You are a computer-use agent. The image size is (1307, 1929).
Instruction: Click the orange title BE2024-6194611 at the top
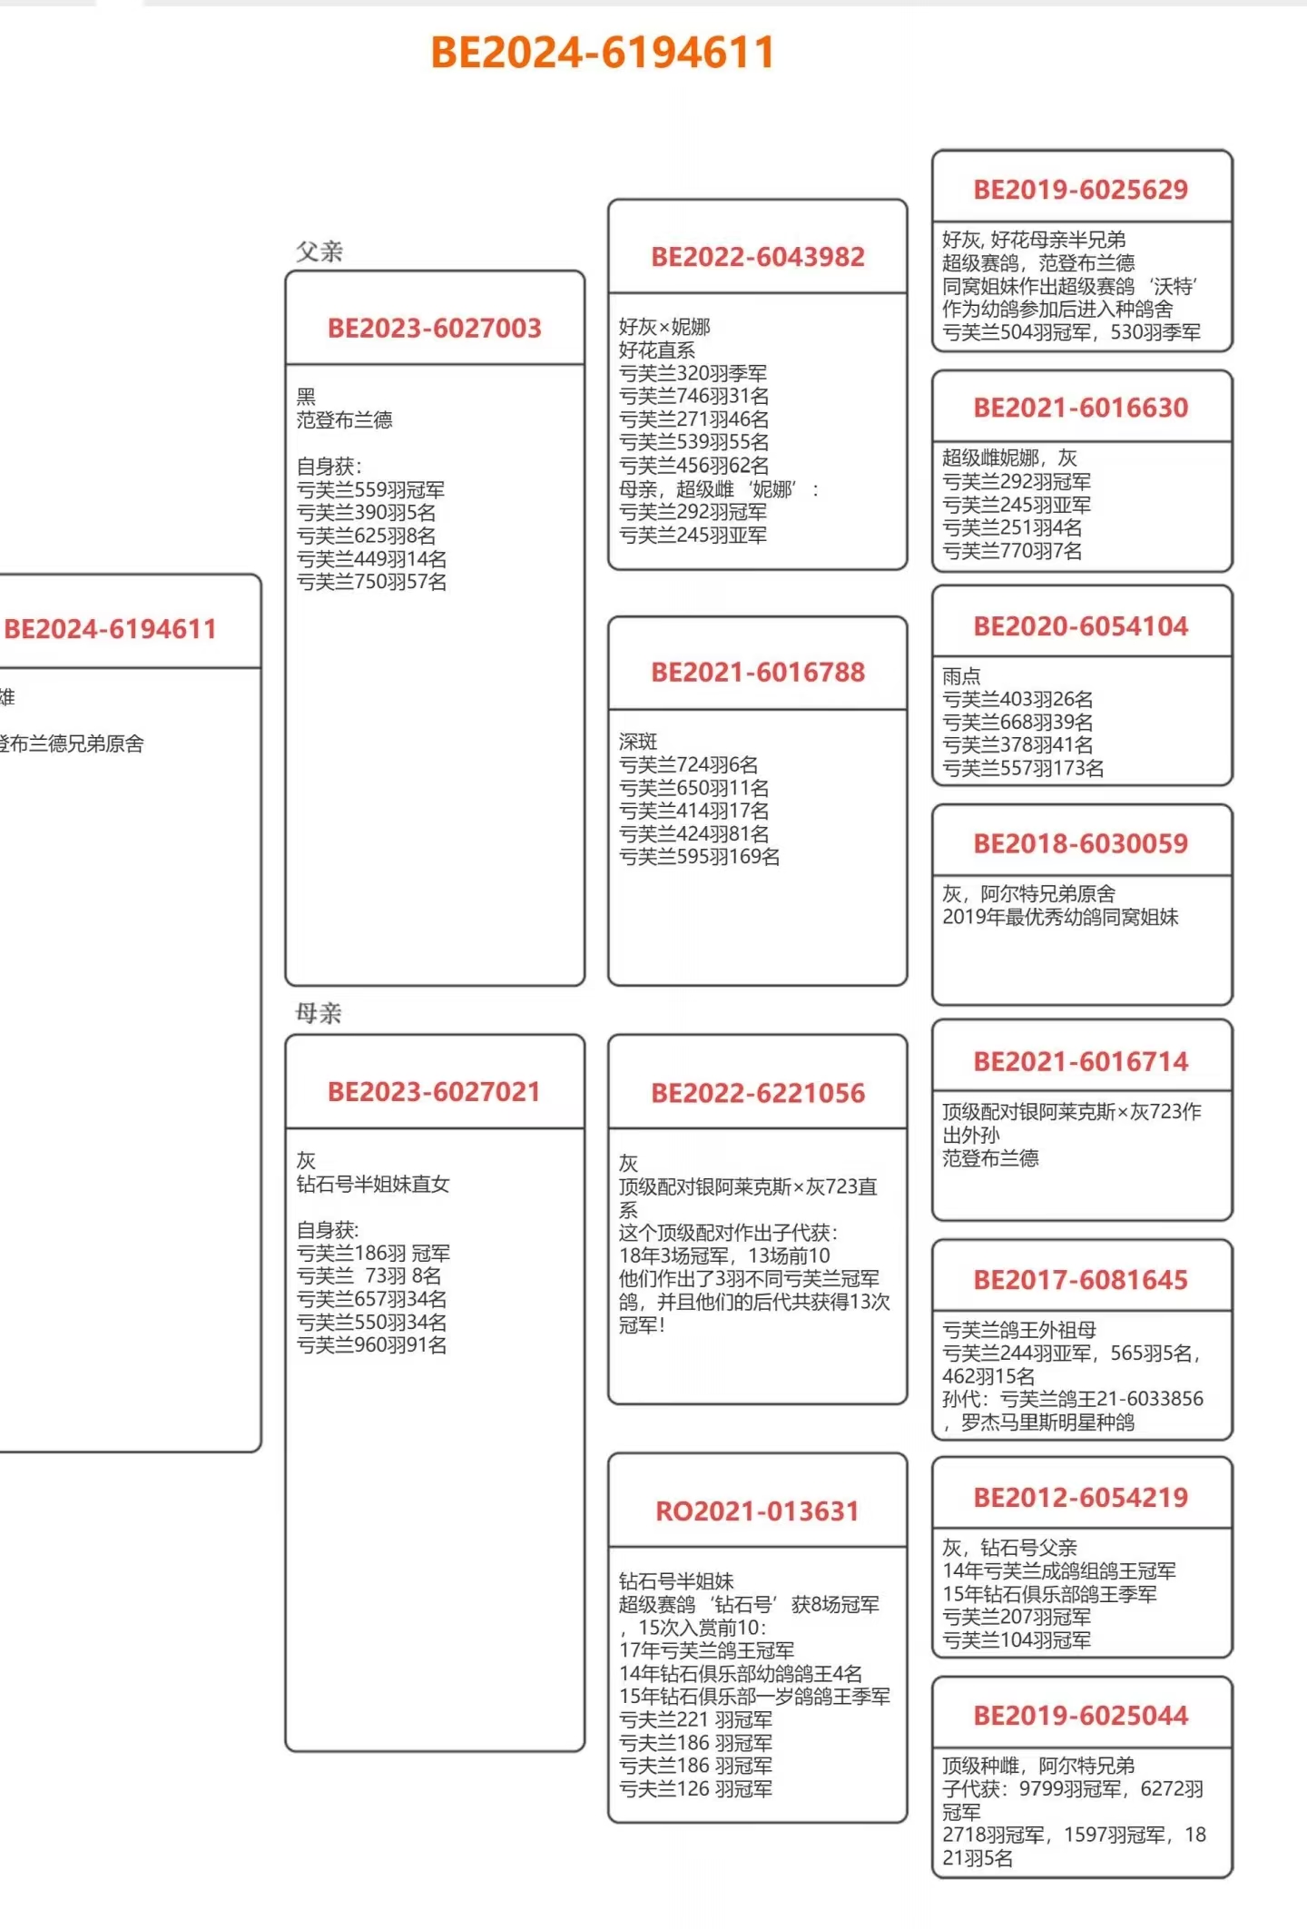[602, 52]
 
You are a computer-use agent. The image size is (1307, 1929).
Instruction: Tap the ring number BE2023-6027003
[434, 328]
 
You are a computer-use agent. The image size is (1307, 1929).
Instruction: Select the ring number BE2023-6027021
[434, 1091]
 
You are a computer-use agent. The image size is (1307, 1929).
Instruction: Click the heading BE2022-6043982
[758, 257]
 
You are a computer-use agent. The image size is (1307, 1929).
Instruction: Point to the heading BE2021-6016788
[758, 672]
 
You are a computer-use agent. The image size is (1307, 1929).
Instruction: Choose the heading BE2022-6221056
[758, 1093]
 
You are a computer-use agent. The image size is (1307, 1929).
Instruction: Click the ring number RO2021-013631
[757, 1511]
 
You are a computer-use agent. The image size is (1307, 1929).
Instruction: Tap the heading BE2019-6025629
[1080, 189]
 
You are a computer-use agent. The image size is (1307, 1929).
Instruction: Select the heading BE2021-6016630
[1080, 408]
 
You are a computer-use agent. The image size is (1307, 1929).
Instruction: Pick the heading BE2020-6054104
[1080, 625]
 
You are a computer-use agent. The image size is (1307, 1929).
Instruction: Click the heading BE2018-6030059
[1080, 843]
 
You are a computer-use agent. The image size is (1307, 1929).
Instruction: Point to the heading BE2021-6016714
[1080, 1061]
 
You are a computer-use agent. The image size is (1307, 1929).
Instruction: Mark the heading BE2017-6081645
[1080, 1280]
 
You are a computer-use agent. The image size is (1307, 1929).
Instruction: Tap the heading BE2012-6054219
[1080, 1497]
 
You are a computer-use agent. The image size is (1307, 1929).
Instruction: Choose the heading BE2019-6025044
[1080, 1715]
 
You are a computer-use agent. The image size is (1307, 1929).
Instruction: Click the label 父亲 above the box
[319, 251]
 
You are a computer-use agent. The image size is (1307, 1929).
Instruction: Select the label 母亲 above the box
[319, 1013]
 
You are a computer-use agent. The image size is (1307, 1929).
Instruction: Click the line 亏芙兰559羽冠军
[370, 490]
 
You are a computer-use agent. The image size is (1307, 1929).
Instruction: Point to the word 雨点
[961, 676]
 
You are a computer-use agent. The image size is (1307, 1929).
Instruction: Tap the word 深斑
[638, 742]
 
